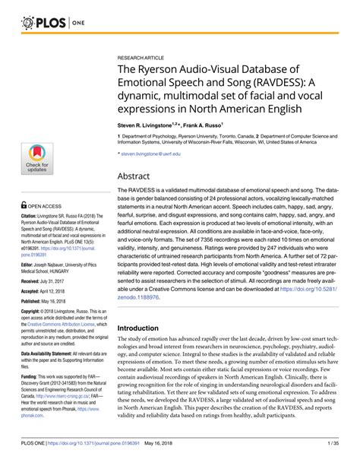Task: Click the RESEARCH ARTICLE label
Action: (143, 57)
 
